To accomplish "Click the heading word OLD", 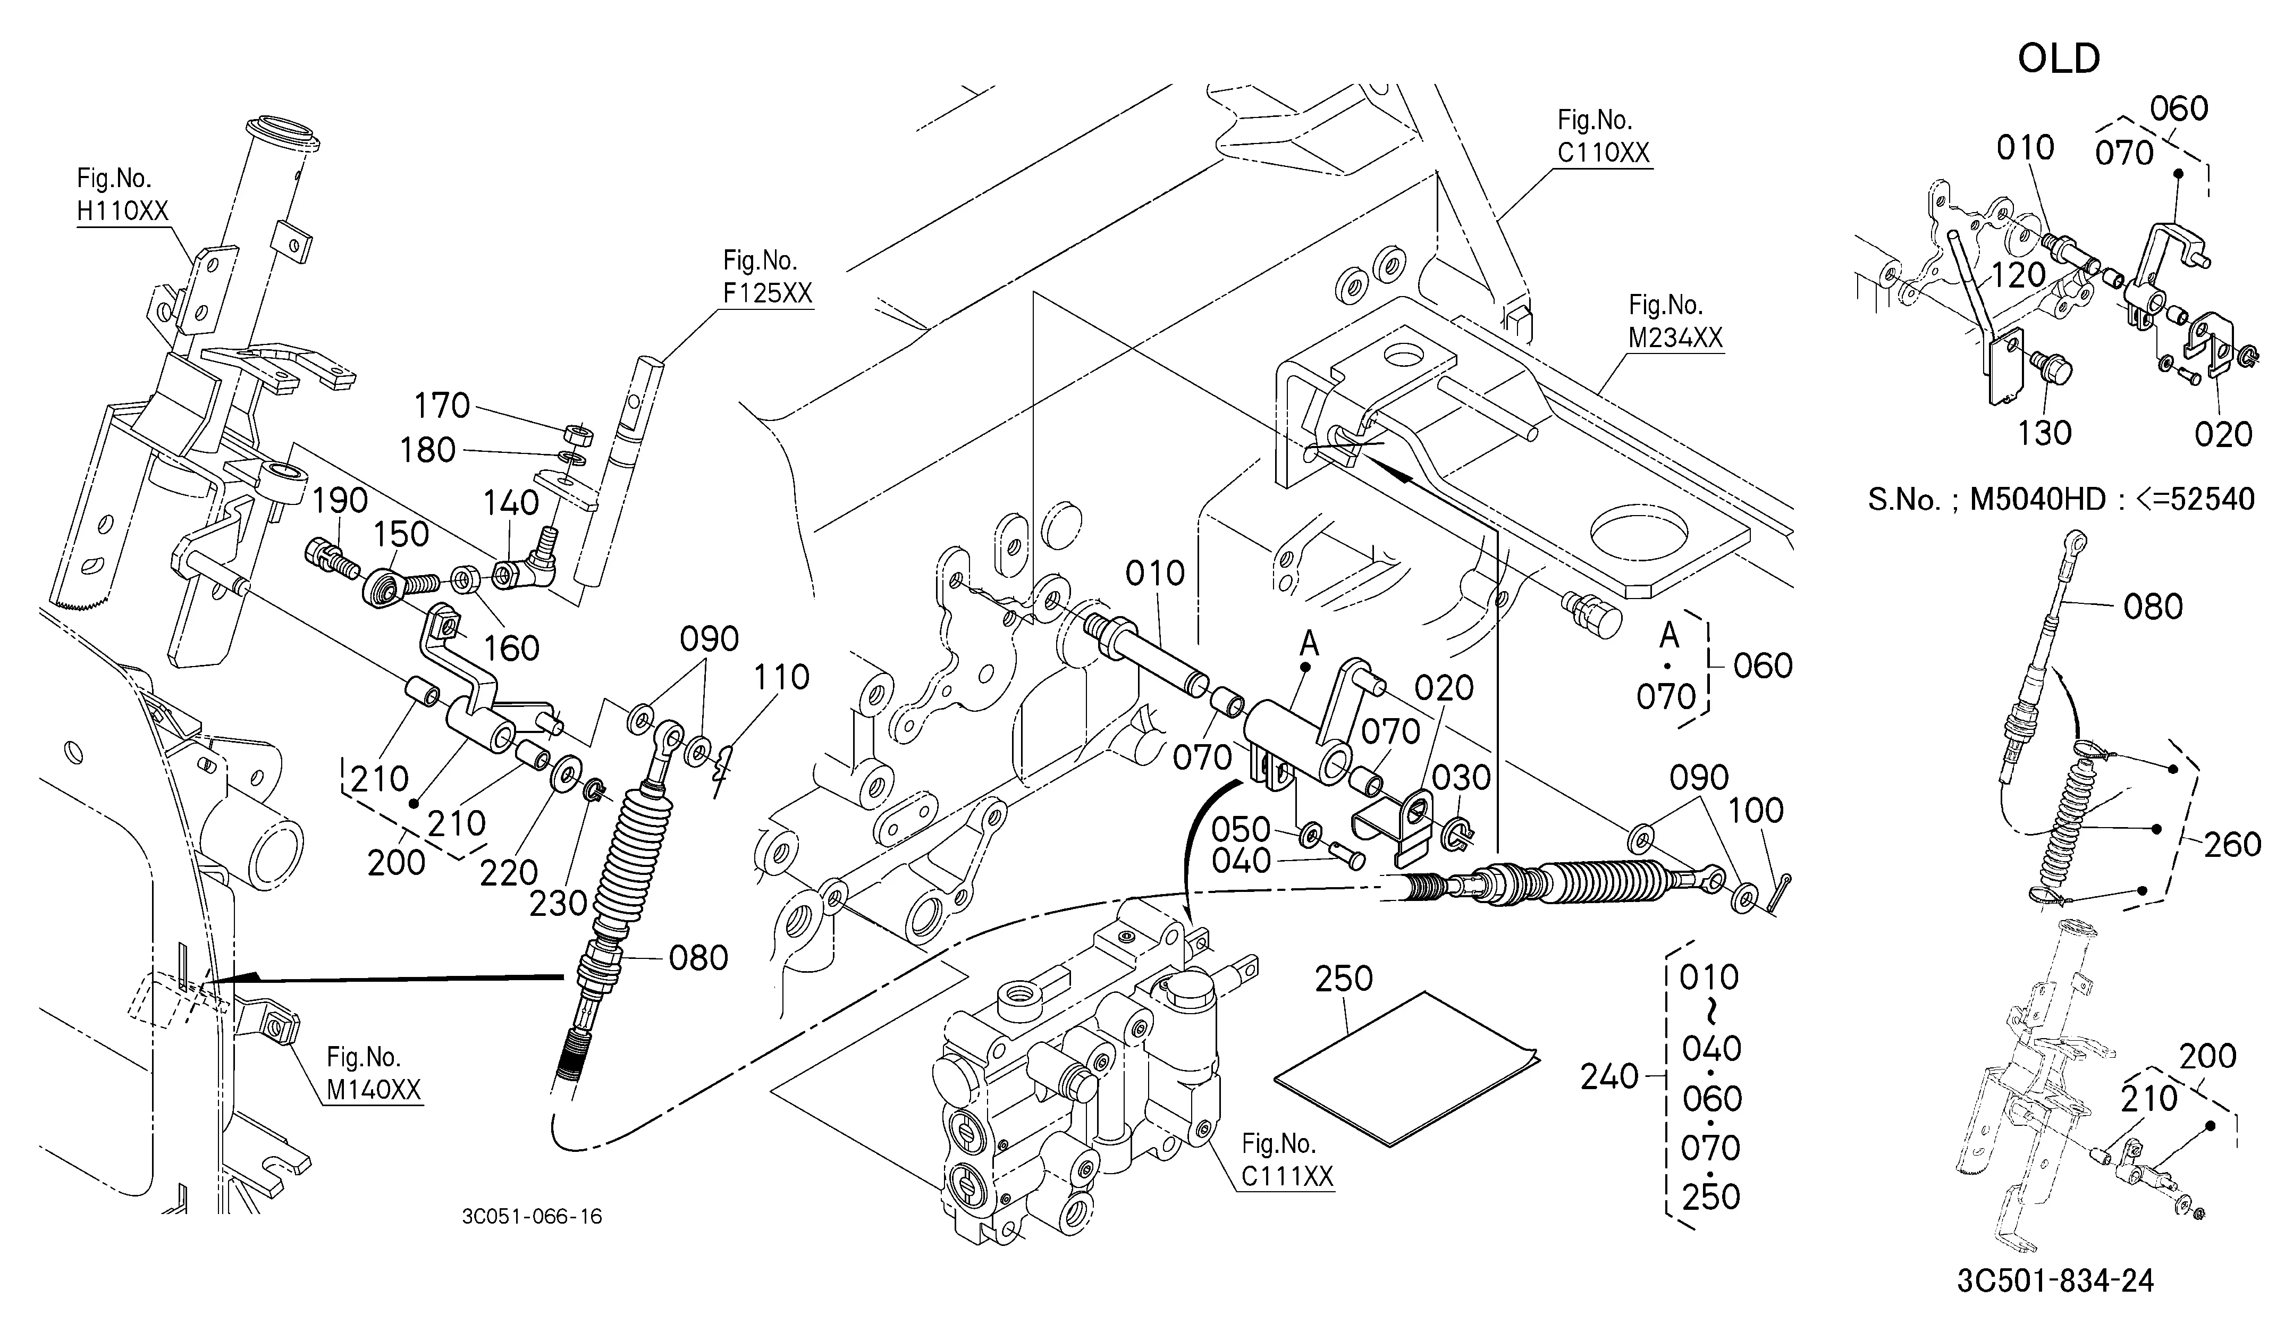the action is (2059, 59).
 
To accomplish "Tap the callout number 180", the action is (428, 450).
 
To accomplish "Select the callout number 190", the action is (340, 501).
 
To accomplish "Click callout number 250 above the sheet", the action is (1344, 978).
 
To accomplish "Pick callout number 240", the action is (1609, 1077).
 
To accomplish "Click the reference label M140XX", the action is (374, 1090).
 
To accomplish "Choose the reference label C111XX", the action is (1287, 1176).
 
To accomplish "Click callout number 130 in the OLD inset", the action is (2045, 433).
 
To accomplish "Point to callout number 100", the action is (1756, 811).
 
